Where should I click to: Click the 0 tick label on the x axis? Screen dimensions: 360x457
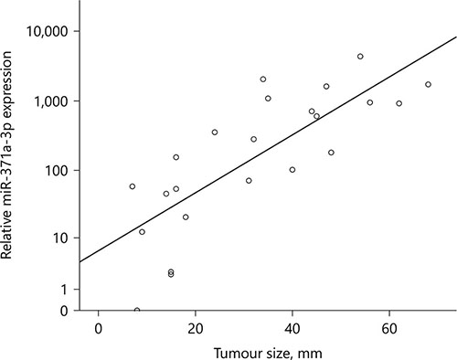[98, 329]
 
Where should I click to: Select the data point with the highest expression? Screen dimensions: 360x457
[360, 57]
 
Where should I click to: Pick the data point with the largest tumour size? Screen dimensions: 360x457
[428, 84]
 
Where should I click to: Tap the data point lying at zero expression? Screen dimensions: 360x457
[137, 311]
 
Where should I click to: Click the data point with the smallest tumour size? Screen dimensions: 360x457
[133, 186]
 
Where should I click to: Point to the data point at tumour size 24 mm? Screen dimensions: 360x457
[215, 132]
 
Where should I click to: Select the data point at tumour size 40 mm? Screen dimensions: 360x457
[292, 170]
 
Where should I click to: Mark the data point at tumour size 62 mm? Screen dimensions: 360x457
[399, 103]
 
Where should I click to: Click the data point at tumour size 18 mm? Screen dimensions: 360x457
[186, 217]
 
